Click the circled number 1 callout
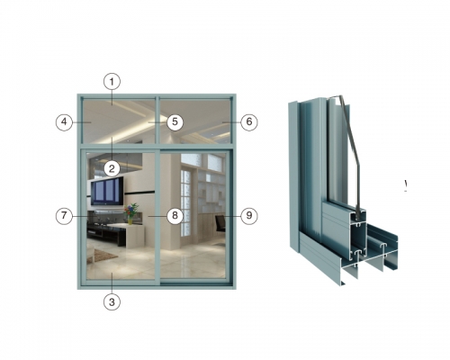point(112,82)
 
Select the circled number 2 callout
point(112,168)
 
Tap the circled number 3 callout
point(112,301)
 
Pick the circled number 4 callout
point(64,122)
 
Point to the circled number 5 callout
point(175,122)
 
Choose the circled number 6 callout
point(249,122)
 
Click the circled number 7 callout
point(64,216)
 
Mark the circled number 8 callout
point(175,216)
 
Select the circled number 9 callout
point(249,216)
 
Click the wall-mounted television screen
point(107,191)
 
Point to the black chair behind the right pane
point(220,224)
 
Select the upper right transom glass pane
point(195,121)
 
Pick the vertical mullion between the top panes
point(157,120)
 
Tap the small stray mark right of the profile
point(406,185)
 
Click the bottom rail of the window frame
point(157,287)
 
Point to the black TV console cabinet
point(101,232)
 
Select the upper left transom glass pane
point(119,121)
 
